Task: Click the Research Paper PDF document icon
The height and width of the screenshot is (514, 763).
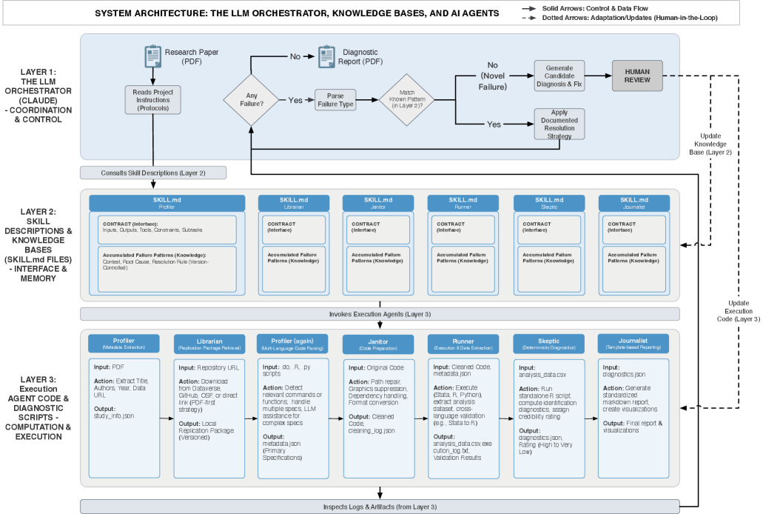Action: [x=153, y=56]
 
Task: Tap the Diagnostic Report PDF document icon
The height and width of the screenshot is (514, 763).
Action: [x=326, y=56]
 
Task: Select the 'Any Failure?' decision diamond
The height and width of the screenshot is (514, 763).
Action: [x=252, y=99]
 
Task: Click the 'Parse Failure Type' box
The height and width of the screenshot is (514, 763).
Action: [x=336, y=99]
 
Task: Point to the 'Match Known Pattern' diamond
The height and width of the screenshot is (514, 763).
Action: [x=406, y=99]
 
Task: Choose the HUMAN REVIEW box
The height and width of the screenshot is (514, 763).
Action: [x=637, y=76]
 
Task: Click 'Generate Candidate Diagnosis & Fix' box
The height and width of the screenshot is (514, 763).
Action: [x=559, y=76]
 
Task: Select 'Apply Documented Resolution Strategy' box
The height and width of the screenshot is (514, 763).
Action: [x=559, y=124]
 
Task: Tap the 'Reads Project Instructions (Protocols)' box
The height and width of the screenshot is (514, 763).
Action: [x=153, y=99]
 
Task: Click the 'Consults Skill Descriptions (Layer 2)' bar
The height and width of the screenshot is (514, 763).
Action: [x=153, y=173]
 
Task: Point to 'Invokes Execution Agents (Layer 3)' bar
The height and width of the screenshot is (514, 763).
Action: [x=380, y=314]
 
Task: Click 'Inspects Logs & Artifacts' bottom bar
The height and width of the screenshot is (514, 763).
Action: [x=380, y=507]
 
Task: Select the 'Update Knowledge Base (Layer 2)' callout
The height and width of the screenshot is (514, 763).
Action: [x=713, y=144]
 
